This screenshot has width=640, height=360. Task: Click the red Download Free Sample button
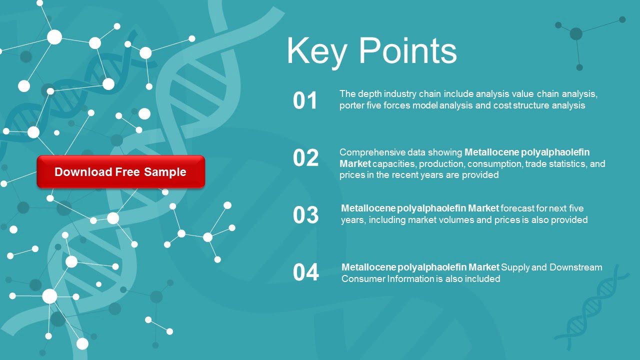point(120,172)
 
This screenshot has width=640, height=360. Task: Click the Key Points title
point(371,51)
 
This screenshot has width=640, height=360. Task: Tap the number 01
point(305,100)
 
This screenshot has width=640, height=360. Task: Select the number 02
point(305,158)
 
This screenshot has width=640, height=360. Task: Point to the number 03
point(305,215)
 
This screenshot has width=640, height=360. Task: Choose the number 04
point(305,272)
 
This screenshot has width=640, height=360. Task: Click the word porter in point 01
point(351,105)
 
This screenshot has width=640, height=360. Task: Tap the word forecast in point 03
point(518,208)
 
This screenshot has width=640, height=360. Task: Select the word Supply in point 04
point(515,267)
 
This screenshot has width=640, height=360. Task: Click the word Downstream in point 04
point(575,267)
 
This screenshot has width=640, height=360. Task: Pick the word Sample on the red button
point(165,172)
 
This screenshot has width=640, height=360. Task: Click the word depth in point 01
point(367,94)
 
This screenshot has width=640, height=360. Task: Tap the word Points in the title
point(408,51)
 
